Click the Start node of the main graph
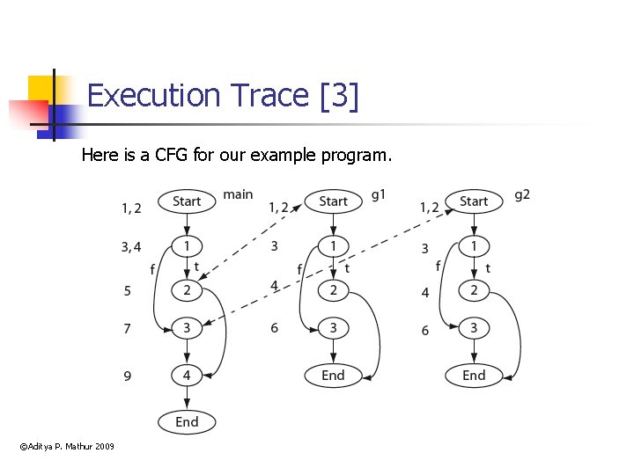[x=187, y=201]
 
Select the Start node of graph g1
[x=333, y=201]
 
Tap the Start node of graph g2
[x=474, y=201]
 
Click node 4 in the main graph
[x=187, y=375]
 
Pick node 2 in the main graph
[x=187, y=289]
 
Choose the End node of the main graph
[x=187, y=422]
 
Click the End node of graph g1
[x=333, y=375]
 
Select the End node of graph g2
[x=474, y=375]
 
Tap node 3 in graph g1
[x=333, y=328]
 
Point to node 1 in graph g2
[x=474, y=245]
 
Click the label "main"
[x=238, y=194]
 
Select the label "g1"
[x=379, y=195]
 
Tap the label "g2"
[x=522, y=195]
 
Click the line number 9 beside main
[x=128, y=376]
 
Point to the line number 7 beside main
[x=128, y=328]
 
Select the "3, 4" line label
[x=131, y=247]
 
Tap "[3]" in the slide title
[x=341, y=95]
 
